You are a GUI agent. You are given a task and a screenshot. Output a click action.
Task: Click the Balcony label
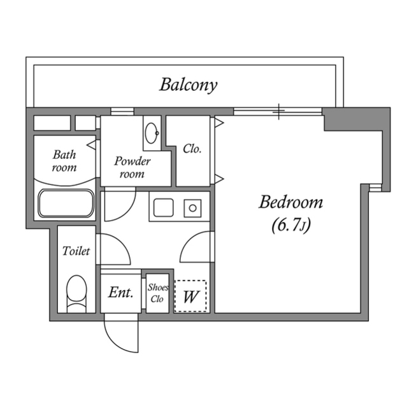[189, 84]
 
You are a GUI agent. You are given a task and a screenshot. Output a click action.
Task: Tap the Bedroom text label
[290, 203]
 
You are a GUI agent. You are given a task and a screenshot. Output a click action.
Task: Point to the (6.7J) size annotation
[290, 224]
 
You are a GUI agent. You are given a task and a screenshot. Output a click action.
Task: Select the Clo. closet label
[192, 149]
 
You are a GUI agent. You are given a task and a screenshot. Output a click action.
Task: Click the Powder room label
[132, 167]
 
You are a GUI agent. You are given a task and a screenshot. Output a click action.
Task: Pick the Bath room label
[64, 161]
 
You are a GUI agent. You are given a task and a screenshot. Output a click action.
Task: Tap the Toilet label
[76, 251]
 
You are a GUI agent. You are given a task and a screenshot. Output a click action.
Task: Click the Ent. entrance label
[120, 293]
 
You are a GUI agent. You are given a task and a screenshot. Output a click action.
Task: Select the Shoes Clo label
[158, 293]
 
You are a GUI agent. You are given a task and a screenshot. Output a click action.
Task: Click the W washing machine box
[190, 296]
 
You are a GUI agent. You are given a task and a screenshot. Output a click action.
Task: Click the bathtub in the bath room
[66, 203]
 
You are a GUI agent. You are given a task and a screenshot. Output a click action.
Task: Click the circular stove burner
[191, 208]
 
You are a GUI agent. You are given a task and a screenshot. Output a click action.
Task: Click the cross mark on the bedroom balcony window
[278, 111]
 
